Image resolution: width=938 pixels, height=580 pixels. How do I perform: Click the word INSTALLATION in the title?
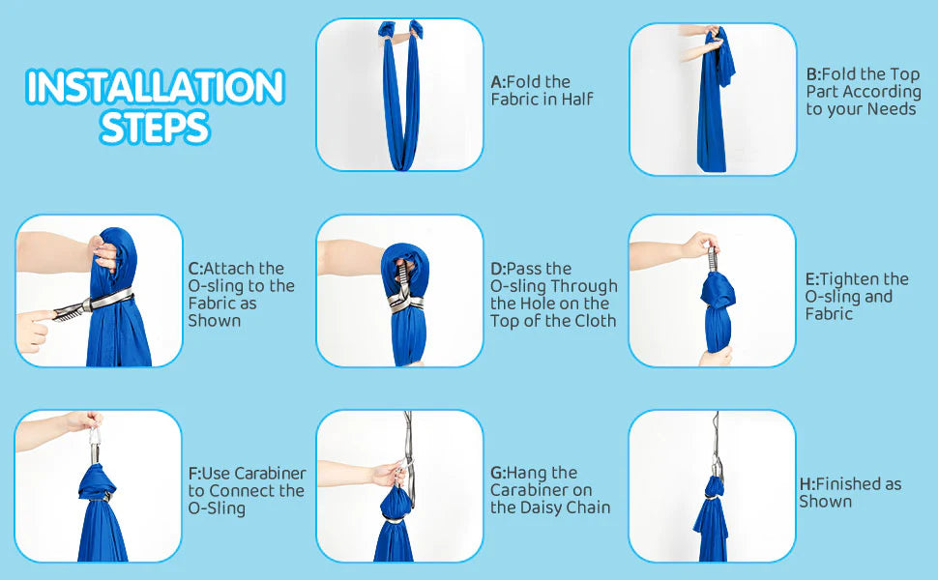[156, 87]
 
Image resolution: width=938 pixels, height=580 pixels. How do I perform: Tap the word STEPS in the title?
[156, 127]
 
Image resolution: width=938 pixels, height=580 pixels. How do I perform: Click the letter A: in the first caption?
[498, 82]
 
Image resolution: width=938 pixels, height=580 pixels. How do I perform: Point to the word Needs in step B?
[892, 109]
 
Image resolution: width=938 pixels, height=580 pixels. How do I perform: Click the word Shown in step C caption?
[215, 321]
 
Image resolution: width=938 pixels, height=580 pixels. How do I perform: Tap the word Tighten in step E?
[849, 279]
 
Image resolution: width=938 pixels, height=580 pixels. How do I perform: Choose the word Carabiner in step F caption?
[271, 474]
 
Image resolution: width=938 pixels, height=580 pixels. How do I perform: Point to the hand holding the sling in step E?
[701, 246]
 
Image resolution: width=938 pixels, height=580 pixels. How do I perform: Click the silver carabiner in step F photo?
[95, 446]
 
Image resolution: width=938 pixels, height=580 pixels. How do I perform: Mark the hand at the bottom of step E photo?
[716, 357]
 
